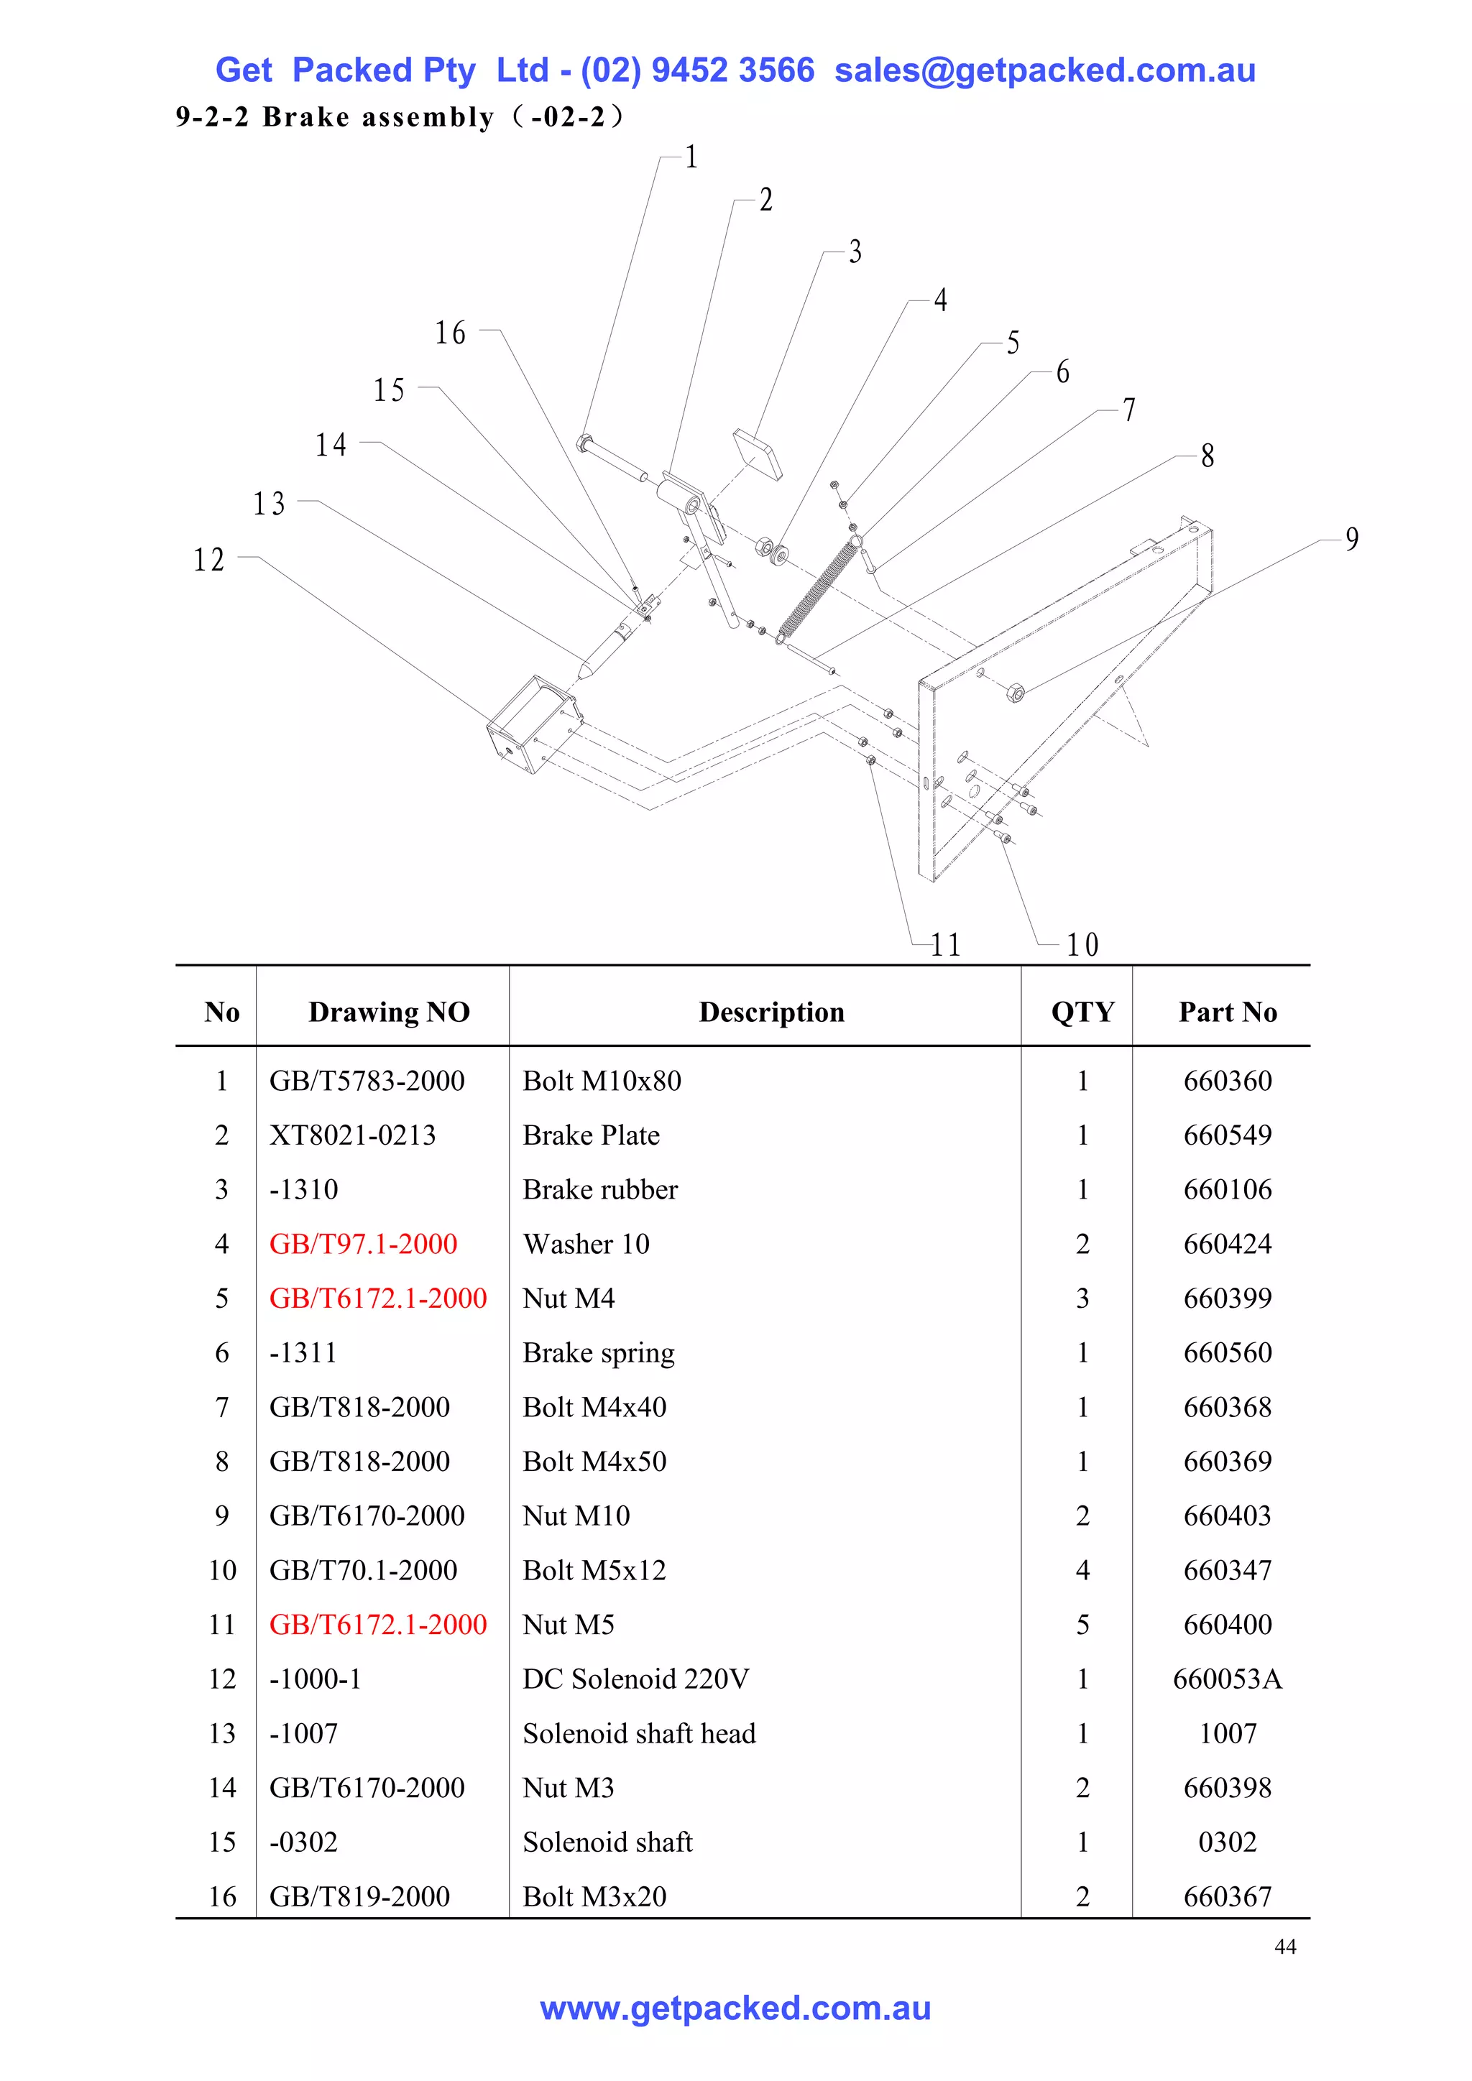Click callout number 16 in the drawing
[x=449, y=333]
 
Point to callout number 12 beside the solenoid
[x=208, y=559]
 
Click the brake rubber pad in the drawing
[x=758, y=455]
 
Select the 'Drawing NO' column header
[x=389, y=1012]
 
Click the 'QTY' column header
[x=1082, y=1012]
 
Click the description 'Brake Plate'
[x=591, y=1135]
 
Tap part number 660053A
[x=1228, y=1679]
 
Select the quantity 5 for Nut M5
[x=1082, y=1624]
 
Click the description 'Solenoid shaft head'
[x=639, y=1733]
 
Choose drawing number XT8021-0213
[x=353, y=1135]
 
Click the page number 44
[x=1284, y=1947]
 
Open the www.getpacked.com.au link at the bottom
[x=735, y=2008]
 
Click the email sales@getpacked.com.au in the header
[x=1044, y=70]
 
